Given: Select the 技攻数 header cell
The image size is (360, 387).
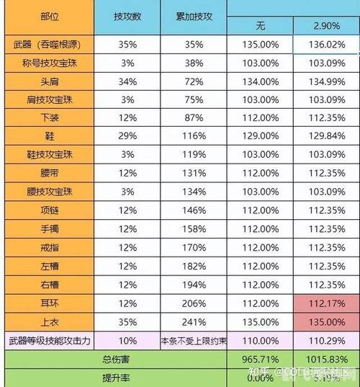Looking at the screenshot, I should (x=128, y=16).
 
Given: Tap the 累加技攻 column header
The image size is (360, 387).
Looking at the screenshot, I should (x=194, y=16).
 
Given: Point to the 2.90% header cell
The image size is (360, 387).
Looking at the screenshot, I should (x=328, y=26).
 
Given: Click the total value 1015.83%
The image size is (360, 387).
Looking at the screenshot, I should (x=328, y=357).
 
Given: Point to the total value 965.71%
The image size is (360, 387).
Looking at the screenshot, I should (x=261, y=357).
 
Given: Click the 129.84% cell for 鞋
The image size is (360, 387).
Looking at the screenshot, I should (x=328, y=136).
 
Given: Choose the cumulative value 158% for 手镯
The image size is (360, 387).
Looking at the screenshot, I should (x=194, y=228).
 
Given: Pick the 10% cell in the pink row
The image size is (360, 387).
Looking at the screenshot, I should (x=128, y=339).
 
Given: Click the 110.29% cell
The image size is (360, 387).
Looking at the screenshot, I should (x=328, y=339).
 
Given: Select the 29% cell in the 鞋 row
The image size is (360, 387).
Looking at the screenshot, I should (x=128, y=136).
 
